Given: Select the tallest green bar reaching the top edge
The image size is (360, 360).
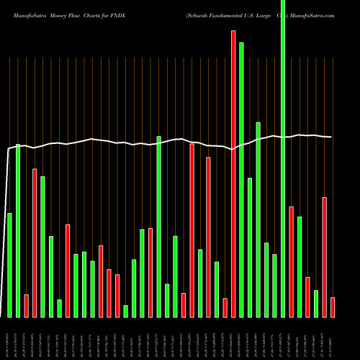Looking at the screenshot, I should click(x=283, y=158).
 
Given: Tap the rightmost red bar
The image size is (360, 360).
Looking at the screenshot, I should click(x=333, y=307).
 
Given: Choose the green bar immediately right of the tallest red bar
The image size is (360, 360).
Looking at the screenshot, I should click(x=241, y=180).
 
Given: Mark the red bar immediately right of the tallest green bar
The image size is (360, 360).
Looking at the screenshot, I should click(x=291, y=262).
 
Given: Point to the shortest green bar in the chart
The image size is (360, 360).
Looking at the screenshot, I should click(x=125, y=311).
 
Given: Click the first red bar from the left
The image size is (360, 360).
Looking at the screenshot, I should click(x=26, y=306).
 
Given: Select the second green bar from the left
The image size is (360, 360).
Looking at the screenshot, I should click(x=18, y=230).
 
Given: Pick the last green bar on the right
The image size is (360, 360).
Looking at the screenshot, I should click(x=316, y=303).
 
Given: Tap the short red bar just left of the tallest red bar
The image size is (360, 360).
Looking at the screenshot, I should click(x=225, y=307).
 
